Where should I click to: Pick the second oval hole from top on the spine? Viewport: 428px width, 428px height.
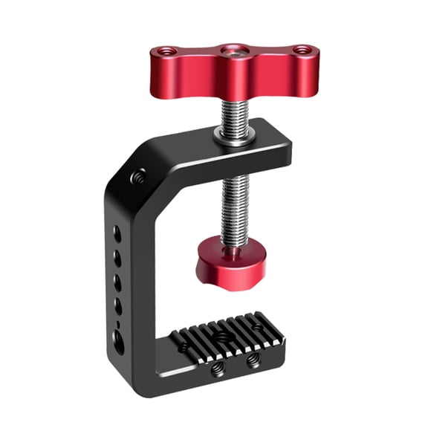pyautogui.click(x=117, y=257)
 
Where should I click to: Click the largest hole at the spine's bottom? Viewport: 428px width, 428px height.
pyautogui.click(x=119, y=341)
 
